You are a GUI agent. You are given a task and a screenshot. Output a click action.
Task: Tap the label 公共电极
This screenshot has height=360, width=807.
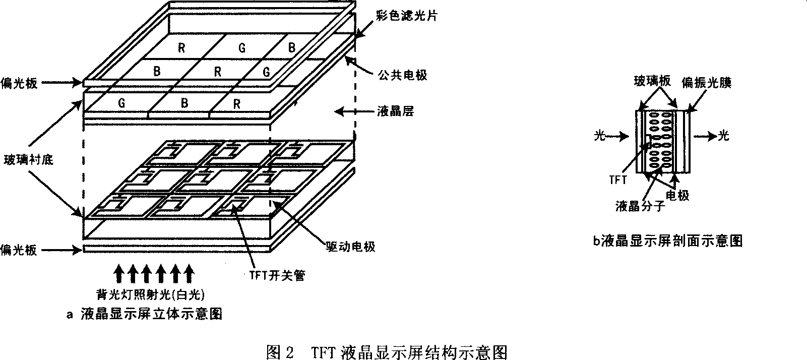403,75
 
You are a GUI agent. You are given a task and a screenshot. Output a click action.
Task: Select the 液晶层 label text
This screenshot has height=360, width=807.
396,111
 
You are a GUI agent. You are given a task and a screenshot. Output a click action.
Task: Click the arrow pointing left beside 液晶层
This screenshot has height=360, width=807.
348,111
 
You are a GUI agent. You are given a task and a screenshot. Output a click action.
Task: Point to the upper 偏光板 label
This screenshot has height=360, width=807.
19,83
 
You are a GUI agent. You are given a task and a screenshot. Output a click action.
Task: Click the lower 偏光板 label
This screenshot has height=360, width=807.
19,249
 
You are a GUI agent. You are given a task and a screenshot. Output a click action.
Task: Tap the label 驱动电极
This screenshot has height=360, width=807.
348,247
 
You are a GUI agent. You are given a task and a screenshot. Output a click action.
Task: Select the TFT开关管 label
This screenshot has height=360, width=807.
278,275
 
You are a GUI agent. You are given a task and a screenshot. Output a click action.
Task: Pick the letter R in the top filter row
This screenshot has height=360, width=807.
181,48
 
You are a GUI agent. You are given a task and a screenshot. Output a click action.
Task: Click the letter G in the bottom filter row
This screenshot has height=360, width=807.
121,103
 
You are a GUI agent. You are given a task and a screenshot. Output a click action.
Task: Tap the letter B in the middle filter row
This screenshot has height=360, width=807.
157,72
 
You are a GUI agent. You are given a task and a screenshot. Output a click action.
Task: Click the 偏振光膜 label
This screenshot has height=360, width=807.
706,82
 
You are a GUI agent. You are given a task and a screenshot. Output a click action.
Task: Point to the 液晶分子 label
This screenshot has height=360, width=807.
641,206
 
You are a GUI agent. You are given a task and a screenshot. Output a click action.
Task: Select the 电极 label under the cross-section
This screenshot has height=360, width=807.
677,195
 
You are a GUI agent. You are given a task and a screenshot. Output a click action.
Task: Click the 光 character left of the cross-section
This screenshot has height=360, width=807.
599,135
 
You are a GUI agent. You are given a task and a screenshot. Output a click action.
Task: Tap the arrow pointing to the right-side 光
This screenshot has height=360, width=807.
705,135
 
